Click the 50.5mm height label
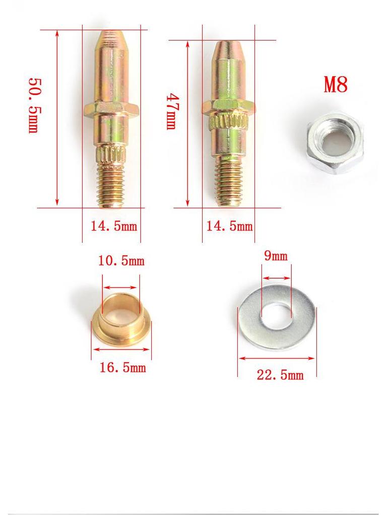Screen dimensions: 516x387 [33, 105]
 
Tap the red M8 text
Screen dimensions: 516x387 [336, 85]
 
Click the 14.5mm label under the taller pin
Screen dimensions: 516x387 [113, 226]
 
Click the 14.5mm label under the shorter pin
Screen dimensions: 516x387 [229, 226]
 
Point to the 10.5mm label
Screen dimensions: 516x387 [121, 261]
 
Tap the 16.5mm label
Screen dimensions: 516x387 [122, 368]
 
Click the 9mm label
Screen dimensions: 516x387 [276, 256]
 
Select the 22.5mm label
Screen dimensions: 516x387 [280, 375]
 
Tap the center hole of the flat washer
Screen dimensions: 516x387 [277, 316]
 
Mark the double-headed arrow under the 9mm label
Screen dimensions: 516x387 [276, 278]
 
